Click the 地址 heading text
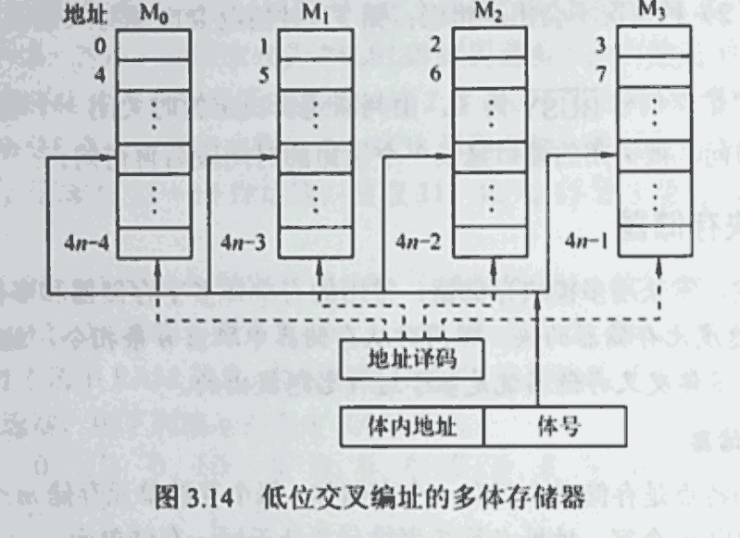click(84, 17)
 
